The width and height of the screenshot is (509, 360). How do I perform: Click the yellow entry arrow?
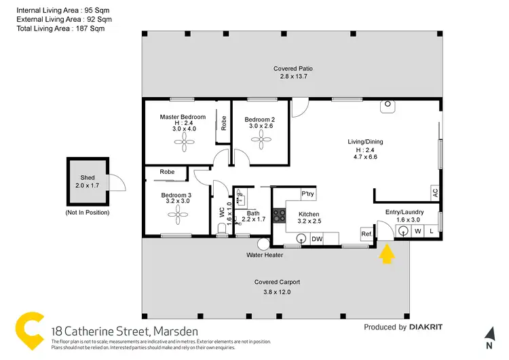click(x=386, y=255)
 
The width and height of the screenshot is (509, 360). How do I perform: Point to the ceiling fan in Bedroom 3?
click(x=178, y=215)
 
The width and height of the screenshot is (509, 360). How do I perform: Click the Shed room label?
click(x=88, y=177)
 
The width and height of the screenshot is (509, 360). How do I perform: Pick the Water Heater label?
click(x=263, y=256)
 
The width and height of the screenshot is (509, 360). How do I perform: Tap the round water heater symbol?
click(x=263, y=244)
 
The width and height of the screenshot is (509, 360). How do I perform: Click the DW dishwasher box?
click(x=316, y=239)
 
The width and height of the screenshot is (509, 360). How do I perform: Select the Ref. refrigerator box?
click(x=366, y=234)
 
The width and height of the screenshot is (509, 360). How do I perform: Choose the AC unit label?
click(x=435, y=192)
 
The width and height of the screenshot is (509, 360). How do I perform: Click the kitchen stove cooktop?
click(x=278, y=216)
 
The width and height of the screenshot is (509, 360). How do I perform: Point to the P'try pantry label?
click(x=307, y=195)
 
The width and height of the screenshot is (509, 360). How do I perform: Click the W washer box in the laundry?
click(x=418, y=232)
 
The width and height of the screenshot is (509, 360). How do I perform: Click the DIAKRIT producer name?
click(x=426, y=327)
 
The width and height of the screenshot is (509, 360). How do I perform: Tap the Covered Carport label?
click(x=277, y=282)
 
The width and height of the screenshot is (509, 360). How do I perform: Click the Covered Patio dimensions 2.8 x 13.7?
click(x=293, y=77)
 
